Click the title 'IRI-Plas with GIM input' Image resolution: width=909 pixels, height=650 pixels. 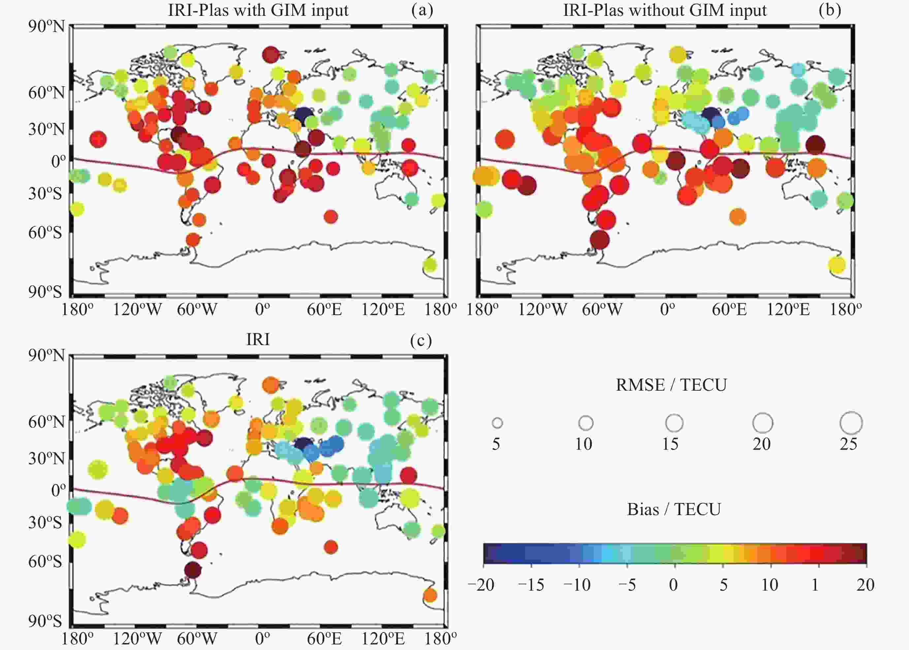click(258, 10)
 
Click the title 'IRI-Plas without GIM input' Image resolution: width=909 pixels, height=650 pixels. click(665, 10)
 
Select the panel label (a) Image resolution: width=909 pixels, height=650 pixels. click(422, 10)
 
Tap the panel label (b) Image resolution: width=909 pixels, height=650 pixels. click(830, 10)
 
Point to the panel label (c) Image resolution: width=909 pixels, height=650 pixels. click(421, 340)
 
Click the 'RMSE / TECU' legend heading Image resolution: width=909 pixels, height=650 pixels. click(671, 385)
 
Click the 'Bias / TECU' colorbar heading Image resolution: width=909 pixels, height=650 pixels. click(674, 509)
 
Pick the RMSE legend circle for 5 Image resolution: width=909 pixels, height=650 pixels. click(497, 423)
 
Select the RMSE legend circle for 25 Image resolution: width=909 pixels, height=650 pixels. click(851, 423)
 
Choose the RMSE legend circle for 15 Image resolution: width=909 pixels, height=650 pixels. click(674, 423)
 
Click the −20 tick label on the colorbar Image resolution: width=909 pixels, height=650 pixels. click(481, 585)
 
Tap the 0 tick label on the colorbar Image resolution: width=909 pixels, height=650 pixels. click(674, 585)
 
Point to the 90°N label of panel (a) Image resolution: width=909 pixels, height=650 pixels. click(46, 26)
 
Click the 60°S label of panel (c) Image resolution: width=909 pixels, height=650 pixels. click(45, 562)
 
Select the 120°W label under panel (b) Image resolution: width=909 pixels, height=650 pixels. click(542, 309)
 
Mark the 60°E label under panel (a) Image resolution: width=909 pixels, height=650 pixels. click(324, 309)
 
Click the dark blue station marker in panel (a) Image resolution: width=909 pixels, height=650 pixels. click(303, 114)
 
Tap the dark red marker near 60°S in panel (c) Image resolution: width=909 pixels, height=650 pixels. click(192, 569)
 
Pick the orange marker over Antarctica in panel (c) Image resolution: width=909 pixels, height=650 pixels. click(430, 595)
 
